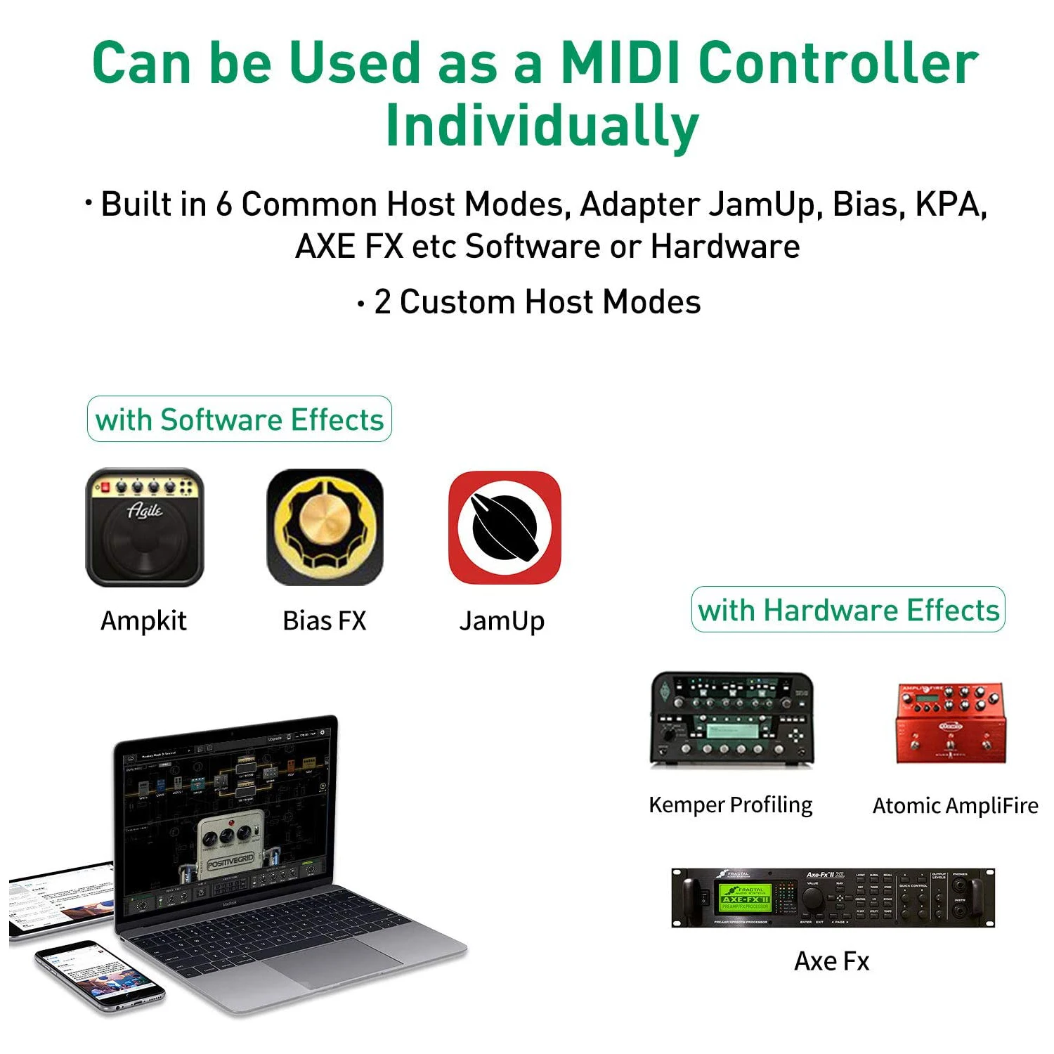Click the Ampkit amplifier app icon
click(x=144, y=527)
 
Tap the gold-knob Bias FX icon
click(x=325, y=527)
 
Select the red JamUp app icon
click(x=505, y=527)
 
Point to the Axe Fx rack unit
click(x=833, y=898)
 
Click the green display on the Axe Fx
click(x=745, y=898)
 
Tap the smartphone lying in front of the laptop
click(x=98, y=977)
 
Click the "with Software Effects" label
click(x=239, y=419)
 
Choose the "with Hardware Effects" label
click(x=848, y=610)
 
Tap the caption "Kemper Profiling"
click(x=730, y=805)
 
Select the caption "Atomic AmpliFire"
click(x=955, y=805)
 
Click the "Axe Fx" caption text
click(x=831, y=961)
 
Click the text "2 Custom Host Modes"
click(x=537, y=302)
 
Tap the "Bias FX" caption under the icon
click(x=325, y=620)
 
